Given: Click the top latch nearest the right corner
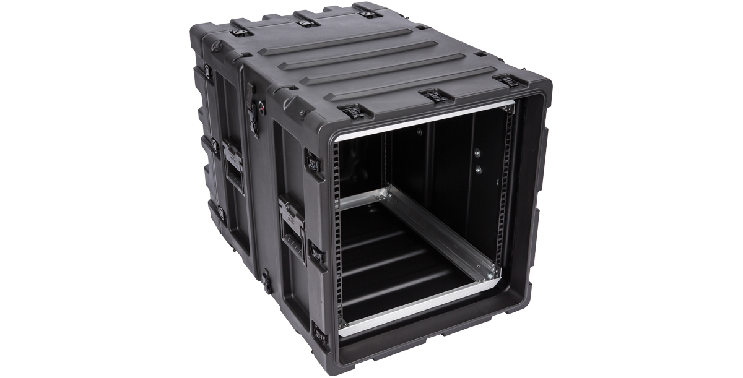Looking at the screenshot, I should (x=510, y=80).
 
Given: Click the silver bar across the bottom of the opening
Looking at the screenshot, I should (x=421, y=312).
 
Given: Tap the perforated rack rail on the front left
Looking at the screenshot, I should (x=339, y=235).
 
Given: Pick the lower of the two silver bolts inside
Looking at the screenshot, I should (x=477, y=168).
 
